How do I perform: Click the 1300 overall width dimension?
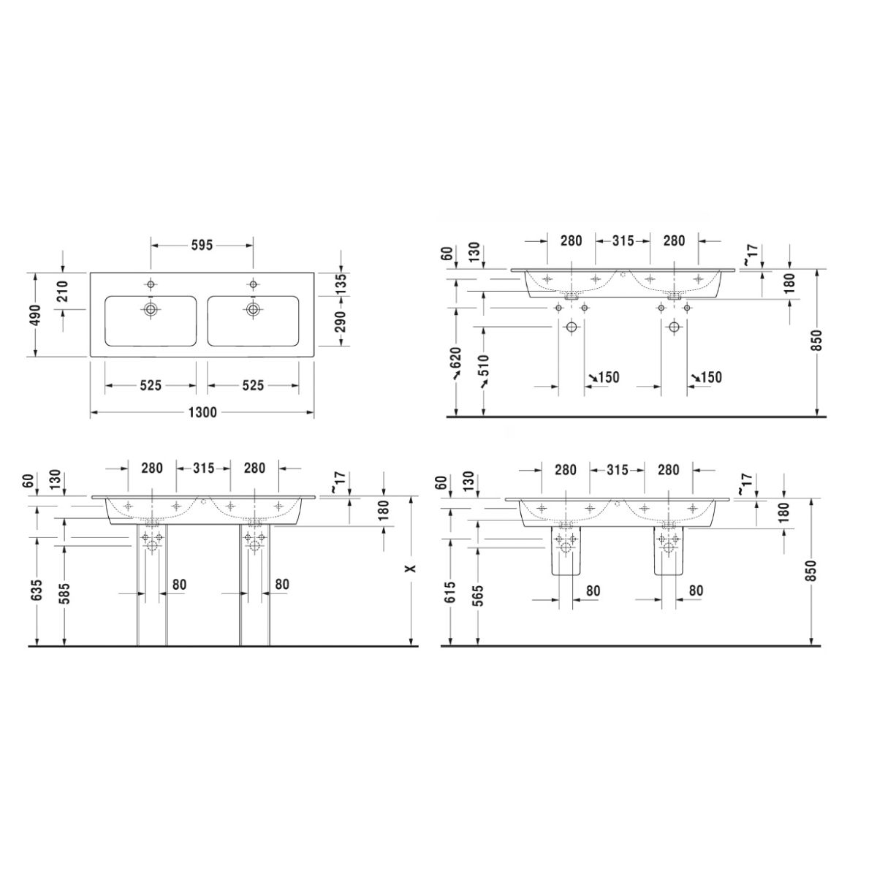coord(202,412)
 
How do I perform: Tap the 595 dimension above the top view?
coord(202,246)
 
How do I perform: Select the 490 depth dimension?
coord(36,315)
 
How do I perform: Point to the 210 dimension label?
coord(62,292)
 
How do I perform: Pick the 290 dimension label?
coord(341,322)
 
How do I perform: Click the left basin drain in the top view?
coord(151,309)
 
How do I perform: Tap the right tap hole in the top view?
coord(253,284)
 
